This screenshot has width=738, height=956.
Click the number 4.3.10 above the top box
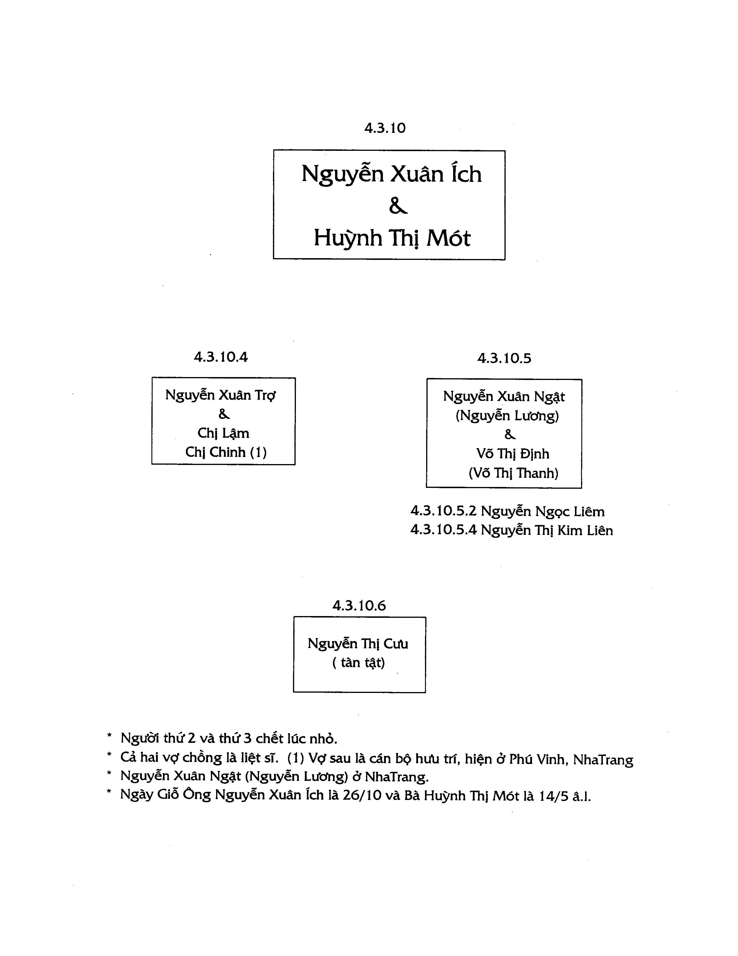[385, 128]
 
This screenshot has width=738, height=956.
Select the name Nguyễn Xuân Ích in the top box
[391, 174]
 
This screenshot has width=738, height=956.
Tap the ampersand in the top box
[398, 206]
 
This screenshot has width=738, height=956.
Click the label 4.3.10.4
[220, 357]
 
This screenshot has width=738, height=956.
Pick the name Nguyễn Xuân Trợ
[220, 395]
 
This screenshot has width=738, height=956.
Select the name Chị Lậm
[223, 433]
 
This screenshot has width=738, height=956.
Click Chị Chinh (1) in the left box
[226, 452]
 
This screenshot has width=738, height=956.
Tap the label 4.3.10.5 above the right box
[504, 358]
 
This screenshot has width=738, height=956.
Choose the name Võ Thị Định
[513, 454]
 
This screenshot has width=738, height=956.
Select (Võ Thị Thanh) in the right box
[513, 473]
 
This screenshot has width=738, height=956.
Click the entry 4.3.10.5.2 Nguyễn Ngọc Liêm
[507, 511]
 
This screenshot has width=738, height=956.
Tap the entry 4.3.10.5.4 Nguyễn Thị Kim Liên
[511, 530]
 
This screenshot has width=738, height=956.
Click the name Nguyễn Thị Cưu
[358, 644]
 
